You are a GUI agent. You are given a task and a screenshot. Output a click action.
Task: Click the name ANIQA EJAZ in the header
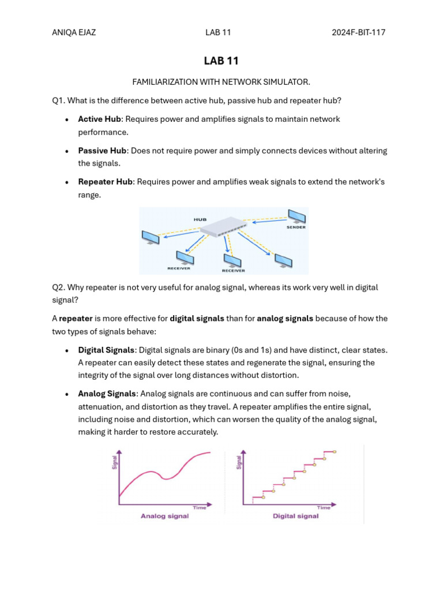point(74,32)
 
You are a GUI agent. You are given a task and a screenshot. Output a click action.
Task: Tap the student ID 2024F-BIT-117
point(358,32)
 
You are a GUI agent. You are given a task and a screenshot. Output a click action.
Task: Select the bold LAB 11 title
point(221,61)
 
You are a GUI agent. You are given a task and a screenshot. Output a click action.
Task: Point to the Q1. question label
point(59,100)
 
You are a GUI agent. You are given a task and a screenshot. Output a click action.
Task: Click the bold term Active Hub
point(99,119)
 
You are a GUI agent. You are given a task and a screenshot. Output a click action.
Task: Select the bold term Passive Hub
point(102,151)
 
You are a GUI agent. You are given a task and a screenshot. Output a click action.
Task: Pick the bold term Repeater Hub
point(106,182)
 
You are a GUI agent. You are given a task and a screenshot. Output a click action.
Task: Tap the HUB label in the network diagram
point(200,219)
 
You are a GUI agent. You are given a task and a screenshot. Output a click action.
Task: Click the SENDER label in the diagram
point(296,227)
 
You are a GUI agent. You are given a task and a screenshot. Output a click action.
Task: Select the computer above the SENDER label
point(297,216)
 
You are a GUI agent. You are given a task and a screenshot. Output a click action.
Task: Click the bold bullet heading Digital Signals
point(107,350)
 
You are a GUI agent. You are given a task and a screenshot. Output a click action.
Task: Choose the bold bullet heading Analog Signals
point(107,394)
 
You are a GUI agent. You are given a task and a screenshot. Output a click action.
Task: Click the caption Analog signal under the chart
point(164,516)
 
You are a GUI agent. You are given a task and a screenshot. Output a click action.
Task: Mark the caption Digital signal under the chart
point(295,516)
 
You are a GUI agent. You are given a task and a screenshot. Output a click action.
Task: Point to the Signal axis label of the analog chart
point(114,462)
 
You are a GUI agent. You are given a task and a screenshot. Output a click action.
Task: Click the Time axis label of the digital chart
point(324,508)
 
